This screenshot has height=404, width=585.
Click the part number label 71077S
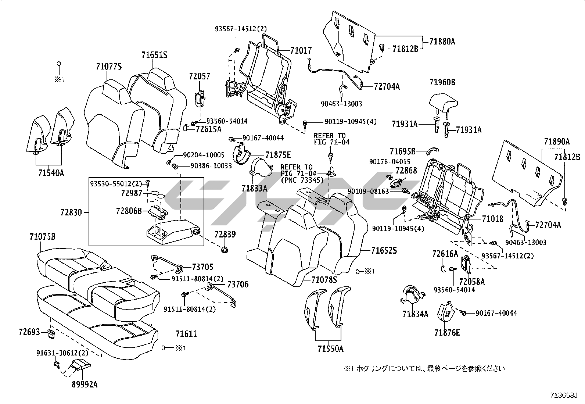click(108, 67)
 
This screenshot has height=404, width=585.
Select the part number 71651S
click(154, 55)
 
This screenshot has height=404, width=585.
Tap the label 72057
click(200, 76)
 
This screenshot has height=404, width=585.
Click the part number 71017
click(301, 50)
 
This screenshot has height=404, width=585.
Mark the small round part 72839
click(225, 250)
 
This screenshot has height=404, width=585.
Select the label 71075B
click(43, 237)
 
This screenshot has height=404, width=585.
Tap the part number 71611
click(186, 334)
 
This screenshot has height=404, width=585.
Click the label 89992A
click(85, 385)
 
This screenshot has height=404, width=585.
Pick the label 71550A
click(330, 349)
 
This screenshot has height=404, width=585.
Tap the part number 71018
click(492, 219)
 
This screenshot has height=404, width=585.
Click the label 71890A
click(557, 142)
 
